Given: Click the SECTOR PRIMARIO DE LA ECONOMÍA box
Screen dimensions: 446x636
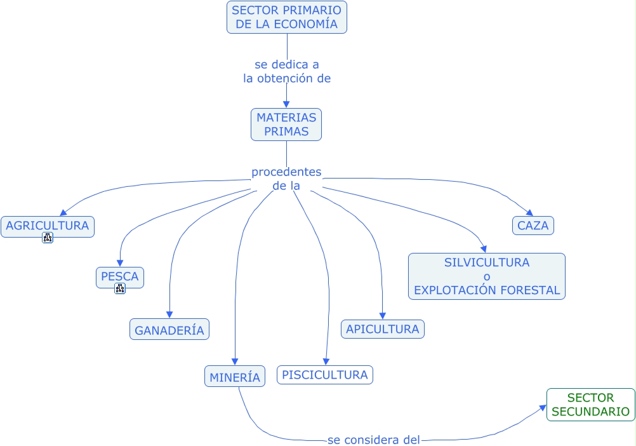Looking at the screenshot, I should click(286, 17).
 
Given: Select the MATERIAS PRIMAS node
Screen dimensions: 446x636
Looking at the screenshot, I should click(286, 124).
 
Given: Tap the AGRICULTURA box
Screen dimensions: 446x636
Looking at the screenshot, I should click(48, 226).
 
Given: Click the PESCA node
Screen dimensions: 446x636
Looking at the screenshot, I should click(120, 277).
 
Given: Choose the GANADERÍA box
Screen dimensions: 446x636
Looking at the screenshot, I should click(169, 330).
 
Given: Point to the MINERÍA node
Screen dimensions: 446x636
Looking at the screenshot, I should click(235, 377).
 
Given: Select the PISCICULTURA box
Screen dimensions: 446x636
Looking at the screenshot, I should click(325, 375).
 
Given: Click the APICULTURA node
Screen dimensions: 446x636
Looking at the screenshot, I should click(383, 329).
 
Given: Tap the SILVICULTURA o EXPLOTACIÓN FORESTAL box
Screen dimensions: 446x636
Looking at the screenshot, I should click(487, 276).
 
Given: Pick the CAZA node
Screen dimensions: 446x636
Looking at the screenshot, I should click(533, 226).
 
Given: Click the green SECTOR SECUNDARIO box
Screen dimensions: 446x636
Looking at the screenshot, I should click(591, 405).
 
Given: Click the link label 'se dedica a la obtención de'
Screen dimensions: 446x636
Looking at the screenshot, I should click(287, 71).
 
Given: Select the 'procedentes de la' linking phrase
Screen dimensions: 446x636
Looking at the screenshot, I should click(286, 179).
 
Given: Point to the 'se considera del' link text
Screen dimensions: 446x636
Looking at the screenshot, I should click(374, 439).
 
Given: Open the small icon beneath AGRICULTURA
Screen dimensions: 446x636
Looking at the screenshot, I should click(48, 238).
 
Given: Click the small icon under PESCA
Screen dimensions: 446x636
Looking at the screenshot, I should click(120, 288).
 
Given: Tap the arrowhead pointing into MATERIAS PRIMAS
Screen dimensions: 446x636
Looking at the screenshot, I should click(286, 104).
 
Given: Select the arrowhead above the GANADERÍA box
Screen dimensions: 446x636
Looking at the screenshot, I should click(169, 314).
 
